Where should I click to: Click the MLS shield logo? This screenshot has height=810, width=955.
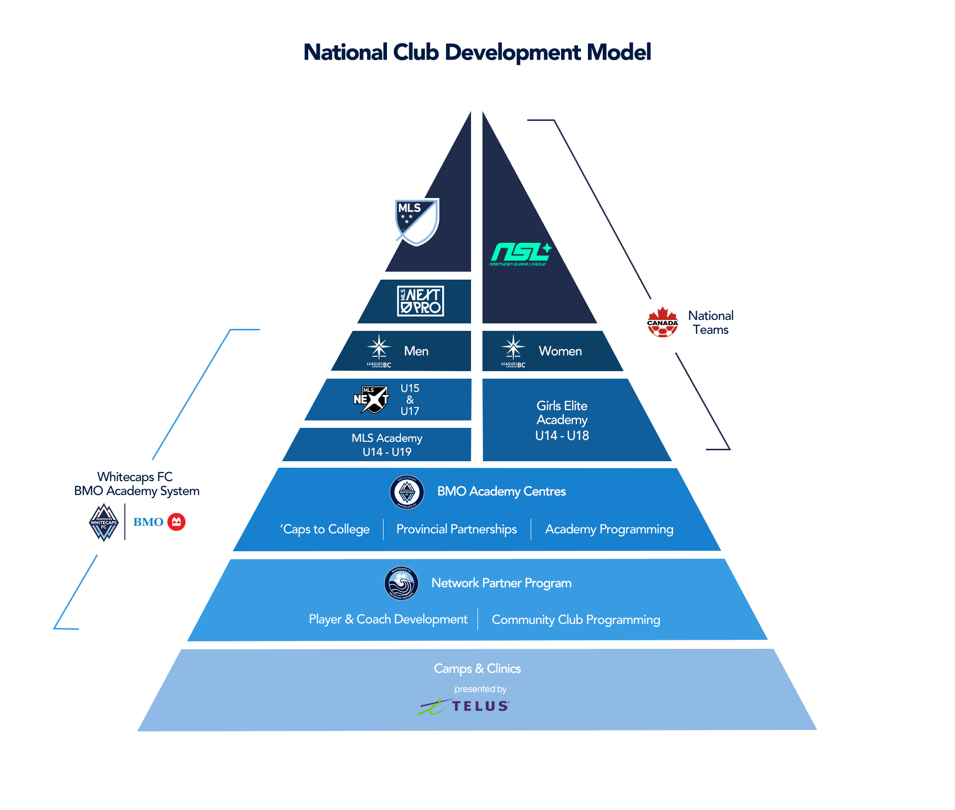point(416,221)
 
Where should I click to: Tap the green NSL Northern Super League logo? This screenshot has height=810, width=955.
point(520,254)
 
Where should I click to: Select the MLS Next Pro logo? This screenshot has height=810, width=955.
point(420,301)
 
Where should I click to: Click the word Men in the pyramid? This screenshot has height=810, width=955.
point(416,351)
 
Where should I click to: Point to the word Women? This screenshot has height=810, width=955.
point(560,351)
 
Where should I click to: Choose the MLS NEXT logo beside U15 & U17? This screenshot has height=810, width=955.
point(371,399)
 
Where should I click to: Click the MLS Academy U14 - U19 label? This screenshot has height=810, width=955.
point(387,445)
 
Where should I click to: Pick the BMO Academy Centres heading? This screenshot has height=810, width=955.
point(501,492)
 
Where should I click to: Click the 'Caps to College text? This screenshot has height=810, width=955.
point(325,529)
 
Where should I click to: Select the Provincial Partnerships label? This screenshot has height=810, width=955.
point(457,529)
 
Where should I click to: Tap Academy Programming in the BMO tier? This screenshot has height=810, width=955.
point(609,529)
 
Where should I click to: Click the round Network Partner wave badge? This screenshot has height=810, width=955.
point(401,583)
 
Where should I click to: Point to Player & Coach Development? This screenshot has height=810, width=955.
point(388,619)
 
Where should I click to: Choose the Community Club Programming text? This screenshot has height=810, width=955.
point(576,620)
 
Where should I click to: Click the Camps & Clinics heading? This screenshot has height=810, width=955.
point(477,669)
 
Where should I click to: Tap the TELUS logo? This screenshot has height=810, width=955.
point(464,706)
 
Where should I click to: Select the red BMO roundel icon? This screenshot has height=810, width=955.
point(176,522)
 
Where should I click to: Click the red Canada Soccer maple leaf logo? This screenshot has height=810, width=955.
point(663,322)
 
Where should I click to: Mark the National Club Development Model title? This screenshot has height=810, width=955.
point(477,53)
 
